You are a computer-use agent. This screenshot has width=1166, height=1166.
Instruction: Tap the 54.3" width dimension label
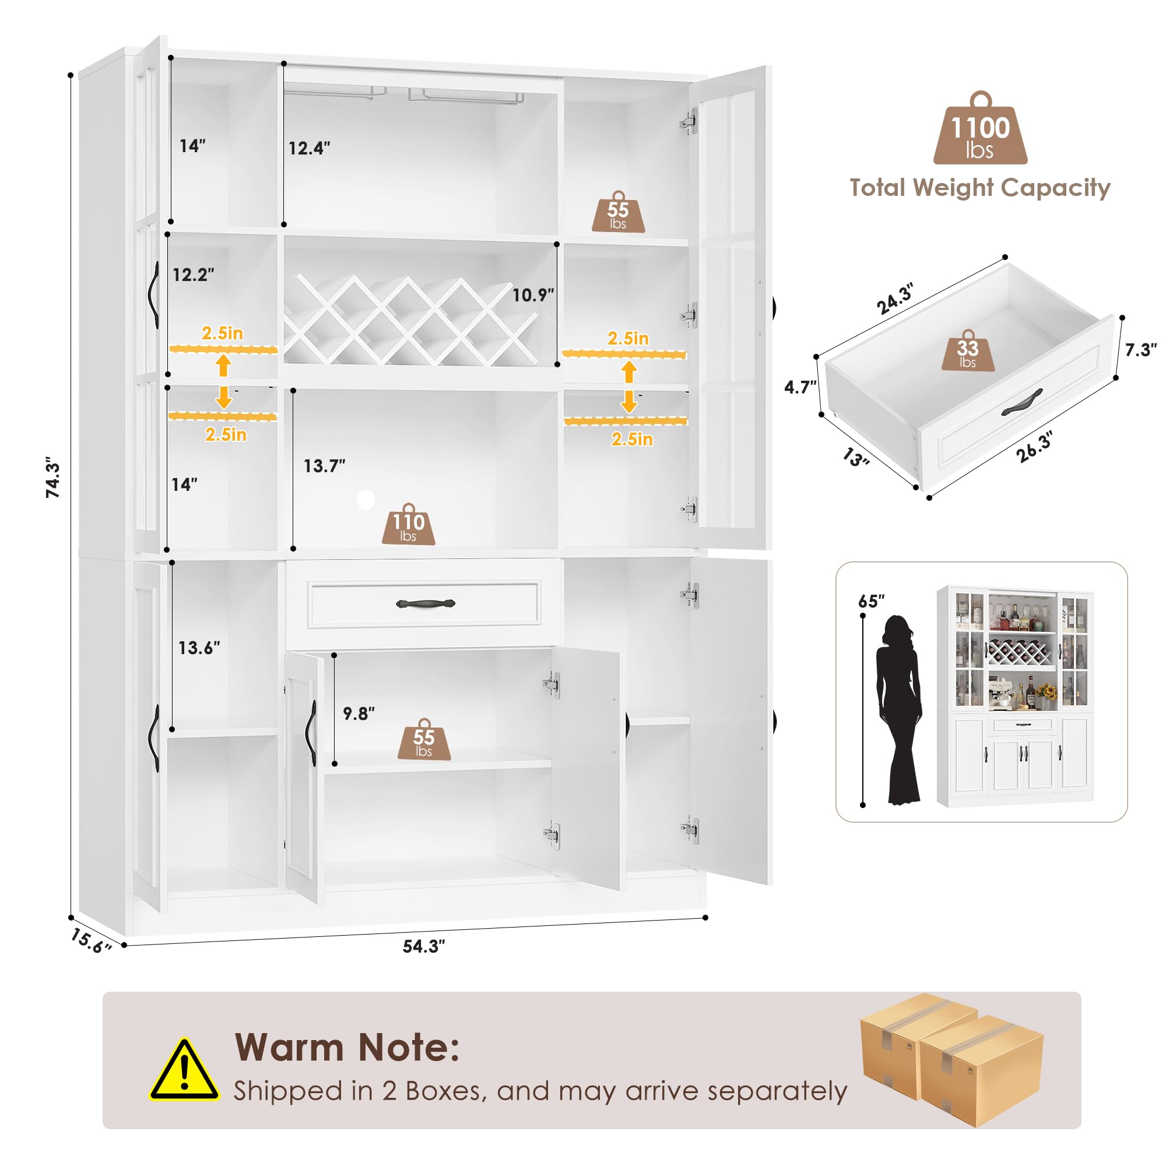coord(424,946)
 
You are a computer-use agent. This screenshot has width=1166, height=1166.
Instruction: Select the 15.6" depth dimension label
coord(91,941)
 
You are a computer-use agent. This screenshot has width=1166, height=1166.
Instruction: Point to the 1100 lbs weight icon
coord(980,128)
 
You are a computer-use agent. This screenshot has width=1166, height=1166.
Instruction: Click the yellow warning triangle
coord(185,1071)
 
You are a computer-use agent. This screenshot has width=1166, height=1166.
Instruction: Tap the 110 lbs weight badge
coord(409,524)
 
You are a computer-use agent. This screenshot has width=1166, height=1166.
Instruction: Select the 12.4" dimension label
coord(309,148)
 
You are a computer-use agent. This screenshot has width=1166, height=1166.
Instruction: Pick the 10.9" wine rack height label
coord(533,295)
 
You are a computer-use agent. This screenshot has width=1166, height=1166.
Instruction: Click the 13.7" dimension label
coord(324,466)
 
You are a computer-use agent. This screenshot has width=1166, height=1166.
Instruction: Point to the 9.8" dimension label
coord(359,714)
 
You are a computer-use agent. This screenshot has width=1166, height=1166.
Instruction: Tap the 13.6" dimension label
coord(199,648)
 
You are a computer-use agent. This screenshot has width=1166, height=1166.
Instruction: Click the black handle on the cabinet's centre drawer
coord(426,603)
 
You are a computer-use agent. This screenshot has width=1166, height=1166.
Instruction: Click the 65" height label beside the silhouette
coord(871,601)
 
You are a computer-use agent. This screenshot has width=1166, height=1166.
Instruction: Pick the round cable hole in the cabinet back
coord(366,500)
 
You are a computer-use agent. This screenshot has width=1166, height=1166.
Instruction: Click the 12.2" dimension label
coord(193,275)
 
